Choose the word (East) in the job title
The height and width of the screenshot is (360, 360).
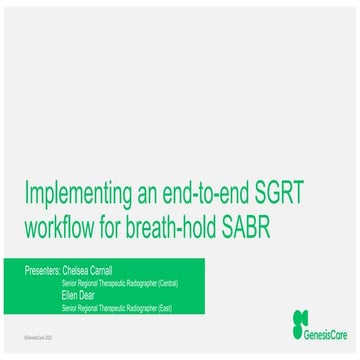[x=163, y=309]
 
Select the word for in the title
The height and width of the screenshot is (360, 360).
[x=128, y=223]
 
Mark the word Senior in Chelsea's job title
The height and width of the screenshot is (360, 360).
[x=69, y=283]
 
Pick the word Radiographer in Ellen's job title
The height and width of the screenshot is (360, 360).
[x=135, y=309]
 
